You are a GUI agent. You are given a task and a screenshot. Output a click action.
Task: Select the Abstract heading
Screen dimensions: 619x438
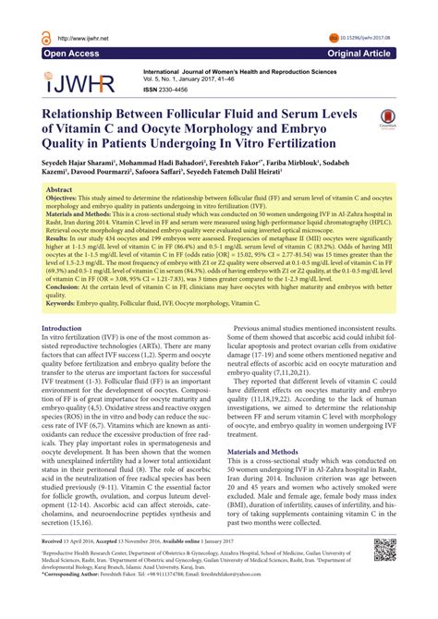click(x=60, y=188)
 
